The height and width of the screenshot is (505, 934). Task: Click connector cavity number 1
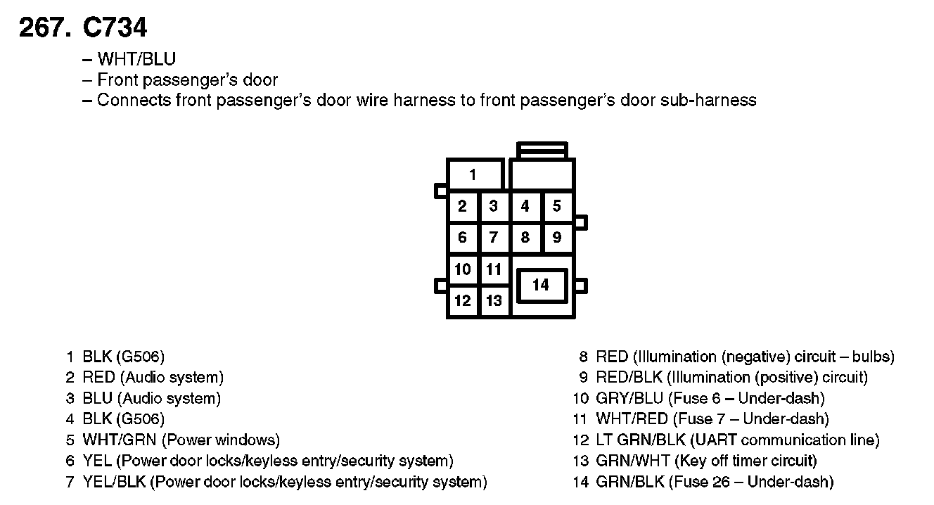point(473,174)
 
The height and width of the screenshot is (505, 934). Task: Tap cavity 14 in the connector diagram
point(540,285)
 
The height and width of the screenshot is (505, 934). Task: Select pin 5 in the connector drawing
point(557,206)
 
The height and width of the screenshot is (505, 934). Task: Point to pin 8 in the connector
point(525,238)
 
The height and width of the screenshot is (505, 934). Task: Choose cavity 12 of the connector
point(462,301)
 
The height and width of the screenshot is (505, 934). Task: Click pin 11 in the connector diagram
point(494,269)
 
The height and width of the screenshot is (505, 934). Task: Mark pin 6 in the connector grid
point(462,238)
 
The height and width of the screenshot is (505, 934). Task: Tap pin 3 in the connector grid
point(494,206)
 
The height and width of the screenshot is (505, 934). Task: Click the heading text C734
point(115,27)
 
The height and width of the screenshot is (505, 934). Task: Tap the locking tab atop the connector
point(542,150)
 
